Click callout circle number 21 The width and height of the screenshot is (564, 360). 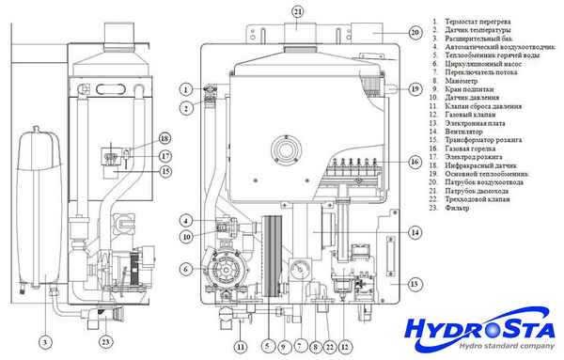(x=298, y=11)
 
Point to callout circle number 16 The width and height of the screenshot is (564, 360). (x=415, y=162)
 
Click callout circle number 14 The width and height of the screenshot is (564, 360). (x=415, y=231)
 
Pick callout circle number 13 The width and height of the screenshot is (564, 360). (x=415, y=283)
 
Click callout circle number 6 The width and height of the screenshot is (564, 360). (x=185, y=269)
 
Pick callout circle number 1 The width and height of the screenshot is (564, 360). (x=186, y=89)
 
